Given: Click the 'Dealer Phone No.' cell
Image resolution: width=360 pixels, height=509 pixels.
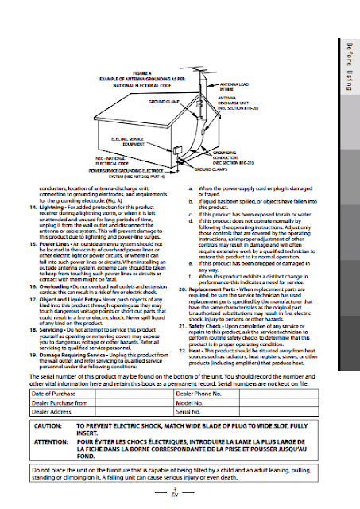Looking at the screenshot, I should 199,394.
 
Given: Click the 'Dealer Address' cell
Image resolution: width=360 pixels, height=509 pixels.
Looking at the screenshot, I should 52,411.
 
